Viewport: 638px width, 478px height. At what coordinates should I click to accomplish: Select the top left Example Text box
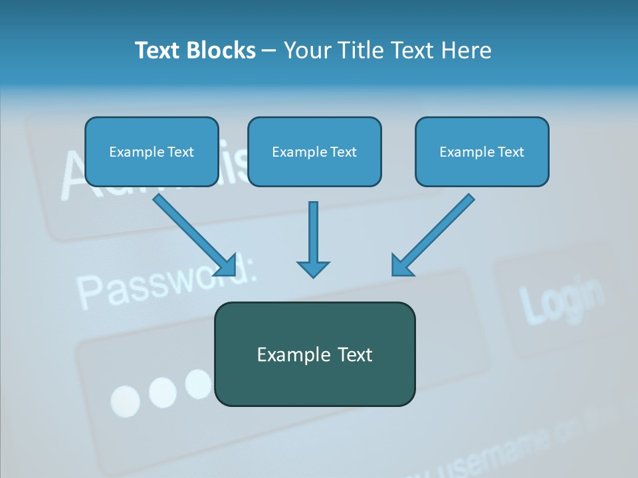152,151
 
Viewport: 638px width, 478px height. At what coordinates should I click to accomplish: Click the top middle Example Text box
314,151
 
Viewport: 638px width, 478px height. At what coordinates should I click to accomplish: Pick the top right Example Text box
482,151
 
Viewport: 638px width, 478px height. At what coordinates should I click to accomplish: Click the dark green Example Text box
314,354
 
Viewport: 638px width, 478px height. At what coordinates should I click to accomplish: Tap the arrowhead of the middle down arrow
313,268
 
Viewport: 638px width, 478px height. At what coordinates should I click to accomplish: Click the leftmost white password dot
124,398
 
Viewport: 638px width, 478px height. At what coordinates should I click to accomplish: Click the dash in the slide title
269,51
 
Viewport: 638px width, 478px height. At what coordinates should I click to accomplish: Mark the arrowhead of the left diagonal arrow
226,265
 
